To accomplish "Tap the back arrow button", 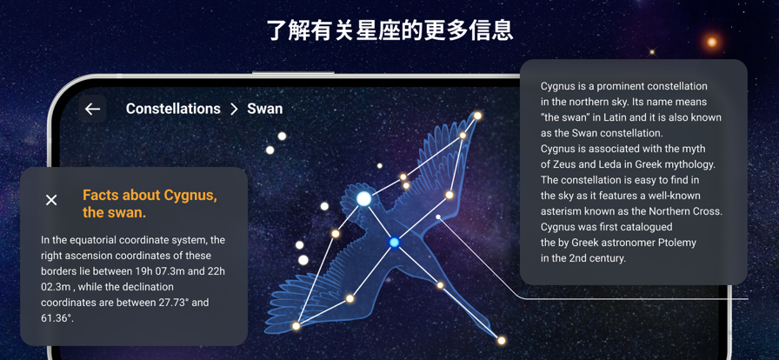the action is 92,109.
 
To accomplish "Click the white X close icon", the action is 51,200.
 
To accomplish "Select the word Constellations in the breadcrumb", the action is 173,109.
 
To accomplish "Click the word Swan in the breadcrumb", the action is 265,109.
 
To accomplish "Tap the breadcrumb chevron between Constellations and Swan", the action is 234,110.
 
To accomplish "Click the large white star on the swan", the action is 364,199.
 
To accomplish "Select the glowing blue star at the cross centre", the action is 395,242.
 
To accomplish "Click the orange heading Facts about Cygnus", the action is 150,195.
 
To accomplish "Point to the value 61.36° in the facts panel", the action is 57,317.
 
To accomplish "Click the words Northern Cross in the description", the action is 687,211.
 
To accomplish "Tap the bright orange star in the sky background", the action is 712,43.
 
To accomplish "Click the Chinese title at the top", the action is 390,30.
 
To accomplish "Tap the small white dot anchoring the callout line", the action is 438,217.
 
